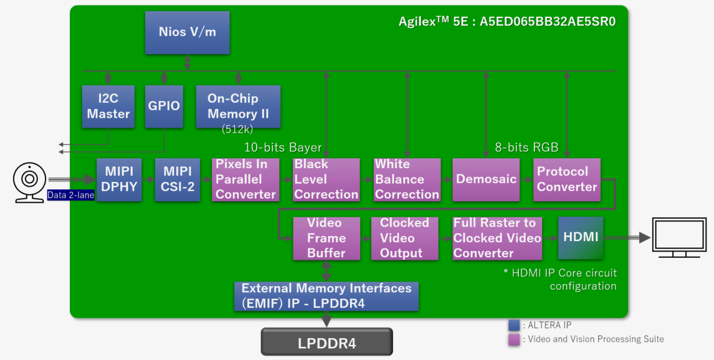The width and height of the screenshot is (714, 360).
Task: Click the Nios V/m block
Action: (x=187, y=33)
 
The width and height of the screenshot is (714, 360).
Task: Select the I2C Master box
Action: (x=108, y=107)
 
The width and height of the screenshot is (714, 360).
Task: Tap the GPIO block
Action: (x=164, y=107)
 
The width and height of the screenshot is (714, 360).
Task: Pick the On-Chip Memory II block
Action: (x=238, y=107)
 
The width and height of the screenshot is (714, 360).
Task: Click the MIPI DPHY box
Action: (x=119, y=180)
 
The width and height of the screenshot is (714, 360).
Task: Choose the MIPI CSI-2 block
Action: (x=178, y=180)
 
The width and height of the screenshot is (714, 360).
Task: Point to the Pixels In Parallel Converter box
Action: (x=245, y=180)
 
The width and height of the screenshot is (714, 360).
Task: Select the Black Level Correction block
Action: (x=326, y=180)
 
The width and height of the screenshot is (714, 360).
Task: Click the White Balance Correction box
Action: (x=407, y=180)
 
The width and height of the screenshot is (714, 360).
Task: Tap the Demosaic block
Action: (x=486, y=180)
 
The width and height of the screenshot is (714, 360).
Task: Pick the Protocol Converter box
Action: (x=567, y=180)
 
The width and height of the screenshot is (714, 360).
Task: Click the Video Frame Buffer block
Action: (x=326, y=239)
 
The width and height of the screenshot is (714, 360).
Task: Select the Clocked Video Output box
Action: (x=405, y=239)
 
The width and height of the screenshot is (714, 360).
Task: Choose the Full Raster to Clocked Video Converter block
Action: (x=497, y=239)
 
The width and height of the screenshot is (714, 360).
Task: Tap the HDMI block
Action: (x=581, y=238)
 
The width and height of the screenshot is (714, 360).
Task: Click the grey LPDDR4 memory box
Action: (x=326, y=342)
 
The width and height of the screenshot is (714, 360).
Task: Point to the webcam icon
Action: (x=30, y=182)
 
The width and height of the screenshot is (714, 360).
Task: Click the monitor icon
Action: (x=679, y=237)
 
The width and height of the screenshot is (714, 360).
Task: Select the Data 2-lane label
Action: (x=70, y=195)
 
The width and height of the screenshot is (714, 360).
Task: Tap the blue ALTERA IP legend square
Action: (x=514, y=325)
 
